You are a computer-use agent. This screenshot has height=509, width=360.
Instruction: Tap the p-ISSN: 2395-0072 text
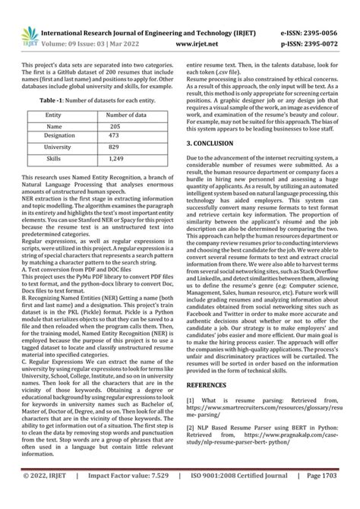pyautogui.click(x=313, y=23)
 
